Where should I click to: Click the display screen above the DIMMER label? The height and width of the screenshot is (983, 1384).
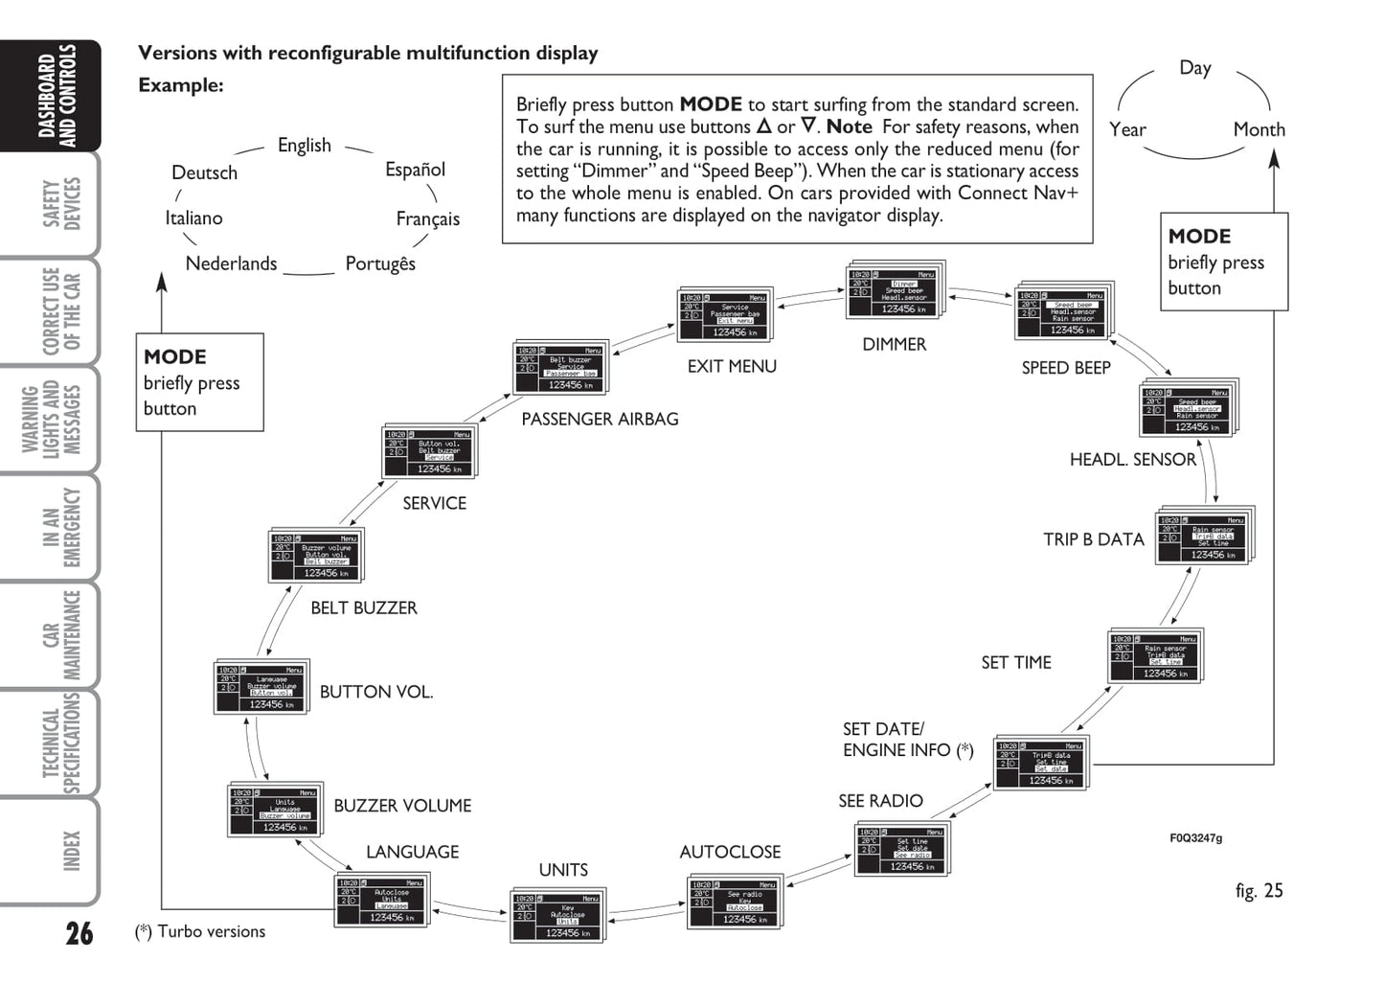[x=893, y=291]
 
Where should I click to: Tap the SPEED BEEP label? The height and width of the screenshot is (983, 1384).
[x=1065, y=368]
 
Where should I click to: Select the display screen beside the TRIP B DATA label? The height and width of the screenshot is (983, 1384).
[x=1203, y=536]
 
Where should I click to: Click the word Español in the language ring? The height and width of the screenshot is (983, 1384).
[x=415, y=170]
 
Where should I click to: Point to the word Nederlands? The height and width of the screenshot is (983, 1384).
[x=231, y=263]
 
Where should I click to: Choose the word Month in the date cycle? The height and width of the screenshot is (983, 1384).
[x=1259, y=129]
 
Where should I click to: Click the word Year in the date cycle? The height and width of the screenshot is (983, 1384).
[x=1127, y=129]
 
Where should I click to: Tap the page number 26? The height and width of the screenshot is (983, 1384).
[x=79, y=932]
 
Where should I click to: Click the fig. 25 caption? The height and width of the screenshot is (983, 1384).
[x=1259, y=890]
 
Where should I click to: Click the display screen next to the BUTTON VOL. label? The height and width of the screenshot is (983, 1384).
[x=261, y=688]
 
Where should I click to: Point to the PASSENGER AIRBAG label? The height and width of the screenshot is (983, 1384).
[x=600, y=419]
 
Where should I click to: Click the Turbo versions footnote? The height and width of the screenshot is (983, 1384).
[x=201, y=931]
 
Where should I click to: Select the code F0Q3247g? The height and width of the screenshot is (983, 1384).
[x=1195, y=838]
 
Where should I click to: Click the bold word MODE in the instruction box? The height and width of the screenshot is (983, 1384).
[x=710, y=104]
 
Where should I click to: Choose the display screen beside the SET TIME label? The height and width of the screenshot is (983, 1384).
[x=1154, y=657]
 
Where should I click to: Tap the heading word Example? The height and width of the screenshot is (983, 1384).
[x=180, y=85]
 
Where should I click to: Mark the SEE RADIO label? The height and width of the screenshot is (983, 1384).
[x=880, y=801]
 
